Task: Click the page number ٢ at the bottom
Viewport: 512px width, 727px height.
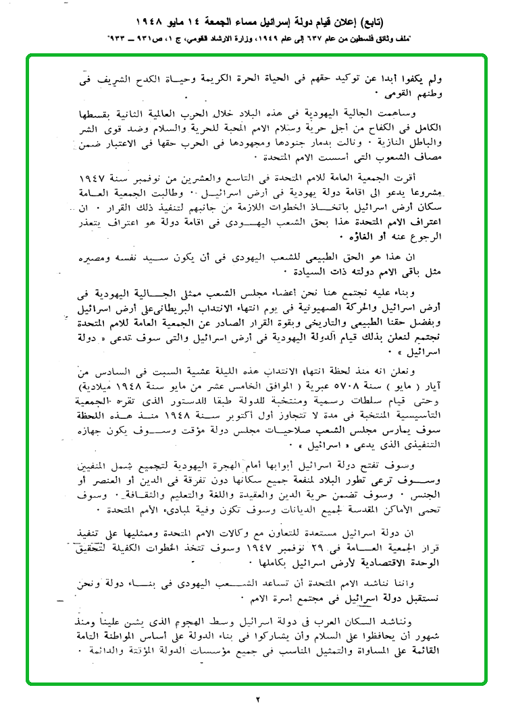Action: click(x=257, y=699)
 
